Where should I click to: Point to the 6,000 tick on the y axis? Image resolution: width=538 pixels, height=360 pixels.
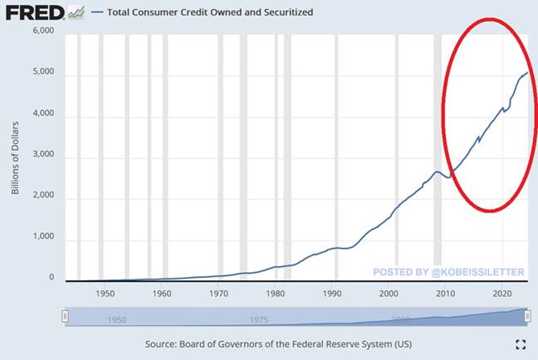(x=42, y=32)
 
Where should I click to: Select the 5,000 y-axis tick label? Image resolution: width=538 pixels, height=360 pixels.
(x=42, y=73)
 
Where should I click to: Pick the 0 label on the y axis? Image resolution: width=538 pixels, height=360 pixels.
(x=50, y=278)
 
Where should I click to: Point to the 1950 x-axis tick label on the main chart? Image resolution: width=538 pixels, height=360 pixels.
(x=105, y=294)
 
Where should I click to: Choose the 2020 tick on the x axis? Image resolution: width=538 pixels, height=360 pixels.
(x=501, y=294)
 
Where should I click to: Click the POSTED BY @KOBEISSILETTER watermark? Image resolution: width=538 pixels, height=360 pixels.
(x=449, y=271)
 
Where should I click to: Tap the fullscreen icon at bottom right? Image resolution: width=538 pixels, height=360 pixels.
(x=521, y=343)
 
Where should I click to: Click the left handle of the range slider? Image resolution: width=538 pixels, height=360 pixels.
(x=66, y=316)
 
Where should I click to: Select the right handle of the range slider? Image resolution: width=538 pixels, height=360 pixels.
(x=528, y=316)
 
